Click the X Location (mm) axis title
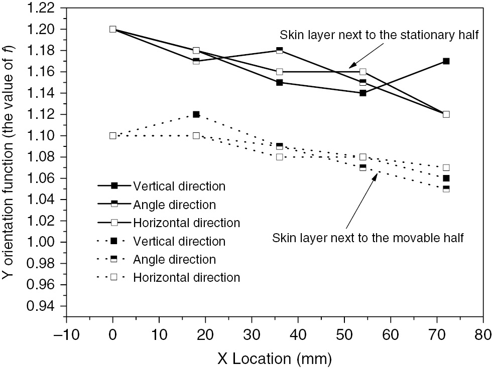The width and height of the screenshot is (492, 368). [274, 357]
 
